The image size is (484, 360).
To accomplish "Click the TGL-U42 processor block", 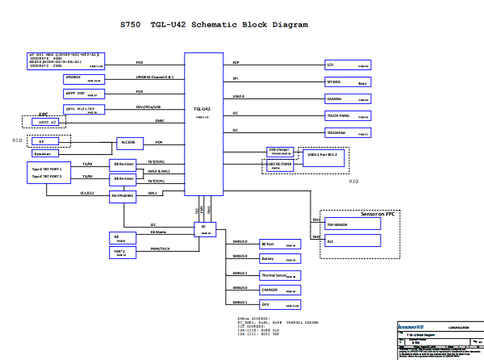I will (x=202, y=121).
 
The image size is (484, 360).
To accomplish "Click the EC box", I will (x=205, y=229).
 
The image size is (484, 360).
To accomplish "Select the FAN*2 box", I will (x=120, y=252).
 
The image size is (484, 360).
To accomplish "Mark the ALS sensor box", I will (x=352, y=241).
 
